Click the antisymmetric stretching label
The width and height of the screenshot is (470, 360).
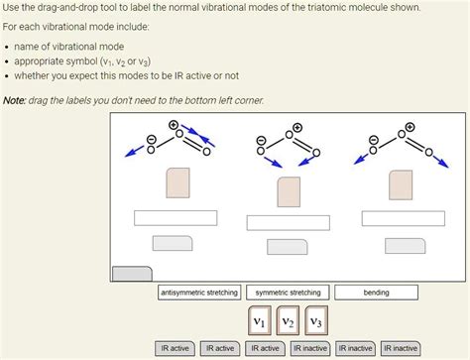[x=199, y=293]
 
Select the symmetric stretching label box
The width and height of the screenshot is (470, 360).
[x=288, y=293]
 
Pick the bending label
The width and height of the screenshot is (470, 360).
[x=376, y=293]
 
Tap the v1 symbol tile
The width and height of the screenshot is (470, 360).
[x=258, y=321]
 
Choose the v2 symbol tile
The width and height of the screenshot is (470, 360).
[x=287, y=321]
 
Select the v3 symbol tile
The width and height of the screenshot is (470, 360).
[x=314, y=321]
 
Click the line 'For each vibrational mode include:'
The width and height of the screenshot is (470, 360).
[x=74, y=27]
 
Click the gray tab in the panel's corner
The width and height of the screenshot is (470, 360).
[x=132, y=275]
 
